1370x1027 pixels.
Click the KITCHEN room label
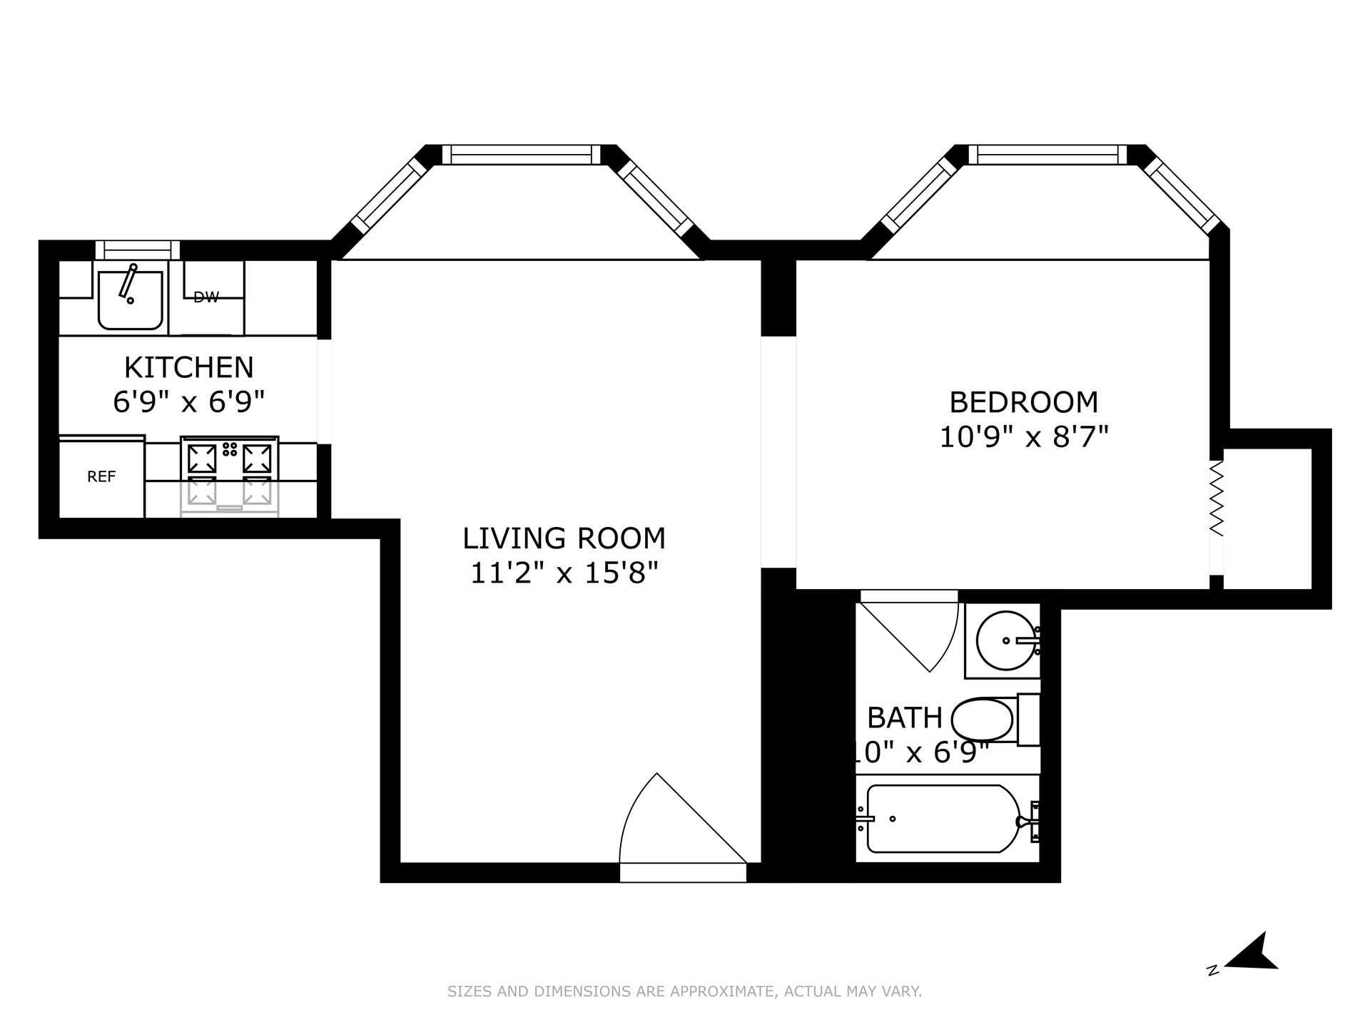pos(188,367)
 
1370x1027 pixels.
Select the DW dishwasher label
pos(206,297)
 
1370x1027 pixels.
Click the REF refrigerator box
pos(101,476)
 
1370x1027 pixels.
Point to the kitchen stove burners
pos(229,457)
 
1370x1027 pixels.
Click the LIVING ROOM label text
pos(564,538)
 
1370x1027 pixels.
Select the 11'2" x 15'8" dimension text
pos(564,573)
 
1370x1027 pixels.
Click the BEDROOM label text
pos(1023,402)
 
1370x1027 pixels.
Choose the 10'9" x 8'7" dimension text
pos(1023,436)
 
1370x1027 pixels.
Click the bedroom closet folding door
pos(1217,499)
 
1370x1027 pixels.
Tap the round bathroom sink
pos(1003,640)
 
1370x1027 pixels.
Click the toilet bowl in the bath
pos(983,720)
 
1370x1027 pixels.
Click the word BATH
pos(905,717)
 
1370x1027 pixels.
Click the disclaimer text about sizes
pos(684,991)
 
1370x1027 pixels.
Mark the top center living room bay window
pos(522,154)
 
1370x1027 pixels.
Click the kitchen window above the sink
pos(138,250)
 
